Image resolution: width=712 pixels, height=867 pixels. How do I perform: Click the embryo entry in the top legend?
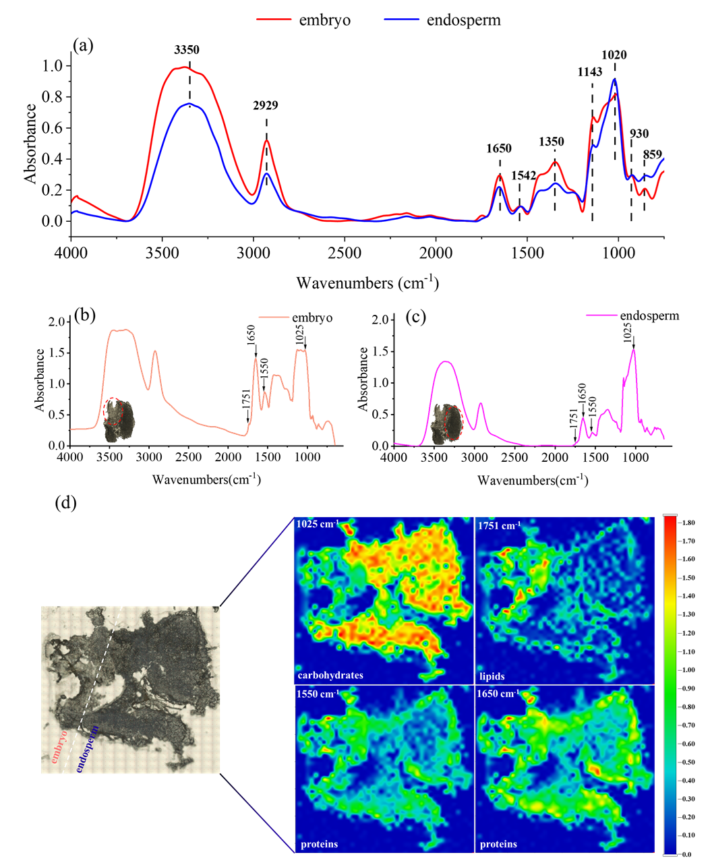pos(324,20)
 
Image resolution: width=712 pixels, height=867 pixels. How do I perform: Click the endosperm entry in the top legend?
pos(463,20)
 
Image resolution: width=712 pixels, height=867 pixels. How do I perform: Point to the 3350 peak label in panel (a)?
pos(187,50)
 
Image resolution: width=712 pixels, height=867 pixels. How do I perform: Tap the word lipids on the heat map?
pos(492,676)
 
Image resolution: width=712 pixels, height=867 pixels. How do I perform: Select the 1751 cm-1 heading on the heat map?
pos(500,525)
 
